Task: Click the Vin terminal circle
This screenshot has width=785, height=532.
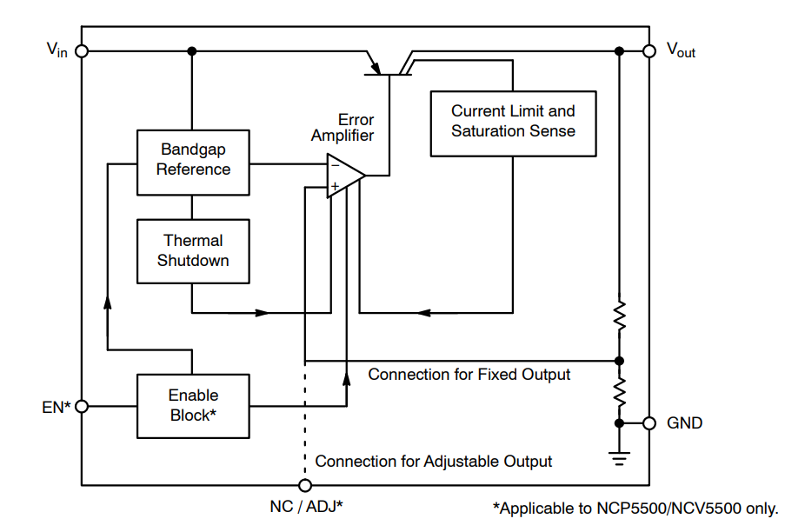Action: pyautogui.click(x=82, y=51)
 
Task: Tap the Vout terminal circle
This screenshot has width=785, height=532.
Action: pyautogui.click(x=649, y=51)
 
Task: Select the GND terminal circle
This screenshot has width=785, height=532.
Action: pyautogui.click(x=649, y=423)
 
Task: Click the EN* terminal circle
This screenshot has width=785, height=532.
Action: pyautogui.click(x=82, y=406)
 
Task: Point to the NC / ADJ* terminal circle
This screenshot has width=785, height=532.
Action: pyautogui.click(x=305, y=485)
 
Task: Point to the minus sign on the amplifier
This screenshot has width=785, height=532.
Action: pyautogui.click(x=335, y=164)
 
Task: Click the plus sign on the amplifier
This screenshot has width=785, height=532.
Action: pyautogui.click(x=335, y=187)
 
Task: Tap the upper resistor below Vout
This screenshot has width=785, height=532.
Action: pyautogui.click(x=619, y=316)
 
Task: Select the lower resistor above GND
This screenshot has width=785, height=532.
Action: pyautogui.click(x=619, y=392)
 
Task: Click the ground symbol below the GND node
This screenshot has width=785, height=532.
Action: pyautogui.click(x=619, y=458)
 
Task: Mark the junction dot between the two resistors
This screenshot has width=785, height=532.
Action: pyautogui.click(x=619, y=361)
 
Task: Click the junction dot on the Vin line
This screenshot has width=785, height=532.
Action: pyautogui.click(x=192, y=51)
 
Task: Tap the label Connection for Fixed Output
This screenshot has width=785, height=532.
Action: pyautogui.click(x=469, y=375)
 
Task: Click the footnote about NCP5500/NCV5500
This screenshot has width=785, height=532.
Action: pyautogui.click(x=635, y=509)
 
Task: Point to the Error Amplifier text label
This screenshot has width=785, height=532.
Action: pyautogui.click(x=343, y=128)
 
